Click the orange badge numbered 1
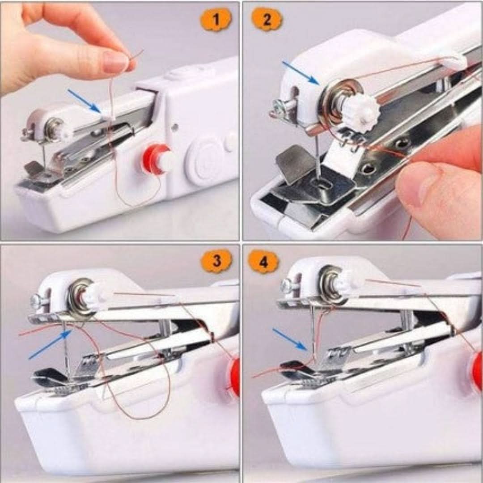point(216,20)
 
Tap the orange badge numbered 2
point(267,20)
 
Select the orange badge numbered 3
point(216,261)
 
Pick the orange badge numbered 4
point(264,262)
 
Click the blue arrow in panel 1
point(84,101)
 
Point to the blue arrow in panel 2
point(301,73)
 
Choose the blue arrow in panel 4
point(289,339)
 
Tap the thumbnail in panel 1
point(114,61)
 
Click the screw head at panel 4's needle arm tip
point(286,285)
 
